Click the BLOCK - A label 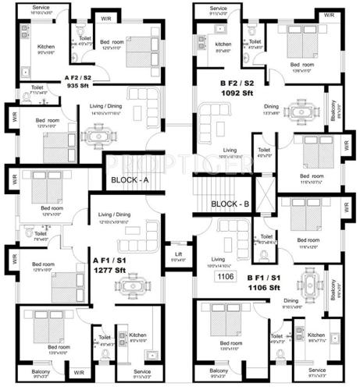pyautogui.click(x=130, y=179)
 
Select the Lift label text pyautogui.click(x=180, y=252)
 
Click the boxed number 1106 pyautogui.click(x=225, y=275)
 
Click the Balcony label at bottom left pyautogui.click(x=40, y=371)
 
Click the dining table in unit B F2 pyautogui.click(x=302, y=105)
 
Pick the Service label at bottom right pyautogui.click(x=317, y=370)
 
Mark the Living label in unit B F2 pyautogui.click(x=230, y=150)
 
